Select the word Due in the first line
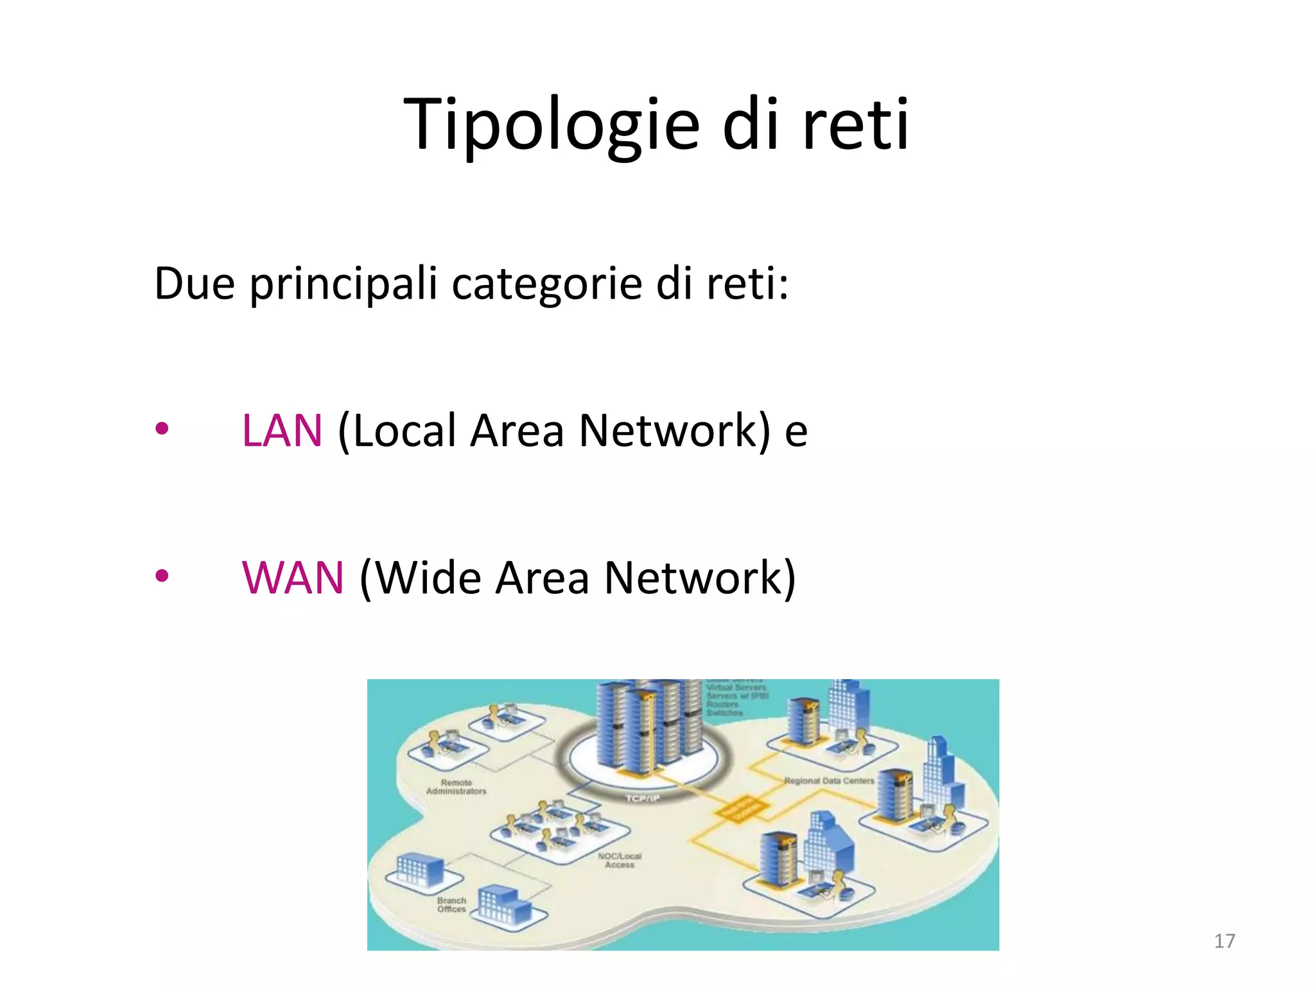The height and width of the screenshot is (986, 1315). tap(195, 283)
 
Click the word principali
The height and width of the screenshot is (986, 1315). tap(343, 283)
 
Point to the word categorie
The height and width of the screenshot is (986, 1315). tap(546, 283)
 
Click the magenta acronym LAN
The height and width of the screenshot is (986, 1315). tap(282, 430)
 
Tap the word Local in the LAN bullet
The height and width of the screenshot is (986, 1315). tap(405, 430)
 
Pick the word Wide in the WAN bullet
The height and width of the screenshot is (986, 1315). tap(428, 578)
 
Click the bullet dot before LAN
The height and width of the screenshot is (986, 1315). tap(162, 428)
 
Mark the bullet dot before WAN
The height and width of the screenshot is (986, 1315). tap(162, 576)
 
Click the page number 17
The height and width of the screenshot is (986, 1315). tap(1224, 941)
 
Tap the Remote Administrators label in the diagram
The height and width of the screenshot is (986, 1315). tap(457, 787)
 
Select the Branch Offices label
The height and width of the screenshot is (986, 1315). tap(451, 904)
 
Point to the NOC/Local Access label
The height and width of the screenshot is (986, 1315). tap(620, 860)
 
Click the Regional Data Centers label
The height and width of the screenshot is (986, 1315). tap(829, 781)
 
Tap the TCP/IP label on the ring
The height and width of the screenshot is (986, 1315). tap(643, 798)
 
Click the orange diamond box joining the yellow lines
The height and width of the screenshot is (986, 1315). tap(742, 810)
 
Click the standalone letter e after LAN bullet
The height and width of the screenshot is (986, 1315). tap(796, 431)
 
